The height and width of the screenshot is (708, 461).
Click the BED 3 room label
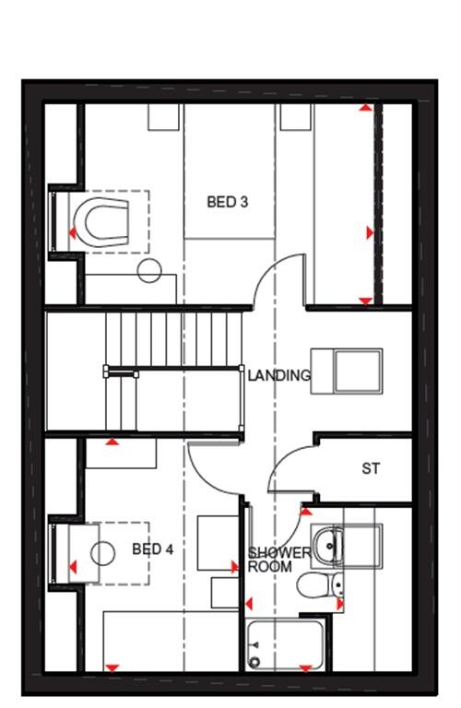[x=227, y=202]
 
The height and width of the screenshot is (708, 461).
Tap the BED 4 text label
[x=152, y=549]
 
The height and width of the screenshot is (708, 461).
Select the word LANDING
[x=278, y=376]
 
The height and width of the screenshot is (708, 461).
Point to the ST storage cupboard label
[x=371, y=469]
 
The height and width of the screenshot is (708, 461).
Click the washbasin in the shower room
[x=326, y=545]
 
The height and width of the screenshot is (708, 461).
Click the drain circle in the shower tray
[x=255, y=660]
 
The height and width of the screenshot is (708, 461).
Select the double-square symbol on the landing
[x=346, y=371]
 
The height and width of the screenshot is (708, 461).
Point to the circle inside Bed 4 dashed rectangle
[x=102, y=553]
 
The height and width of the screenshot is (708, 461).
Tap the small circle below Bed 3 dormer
[x=149, y=271]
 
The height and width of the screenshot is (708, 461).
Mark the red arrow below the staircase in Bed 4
[x=112, y=442]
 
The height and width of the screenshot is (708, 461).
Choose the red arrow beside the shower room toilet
[x=340, y=604]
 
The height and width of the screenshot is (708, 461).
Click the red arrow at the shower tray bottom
[x=304, y=667]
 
